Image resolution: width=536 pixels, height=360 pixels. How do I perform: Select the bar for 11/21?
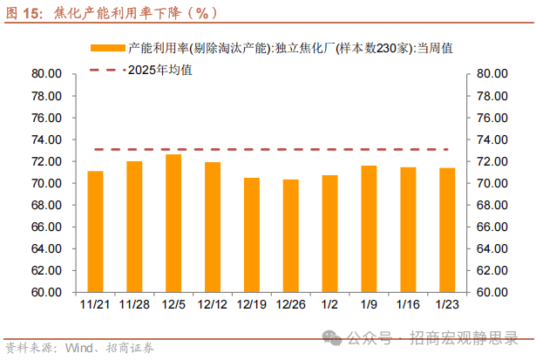pos(95,232)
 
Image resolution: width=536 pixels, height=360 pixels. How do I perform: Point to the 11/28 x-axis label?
pos(134,304)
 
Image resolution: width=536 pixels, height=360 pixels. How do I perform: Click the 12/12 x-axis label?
pos(212,304)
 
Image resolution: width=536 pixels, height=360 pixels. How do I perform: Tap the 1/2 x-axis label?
pos(329,304)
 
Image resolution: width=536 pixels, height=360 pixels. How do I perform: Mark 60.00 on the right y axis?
pos(492,293)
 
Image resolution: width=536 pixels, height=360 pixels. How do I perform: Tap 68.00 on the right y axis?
pos(492,205)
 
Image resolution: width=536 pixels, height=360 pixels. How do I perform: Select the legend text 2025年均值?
pos(159,69)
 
